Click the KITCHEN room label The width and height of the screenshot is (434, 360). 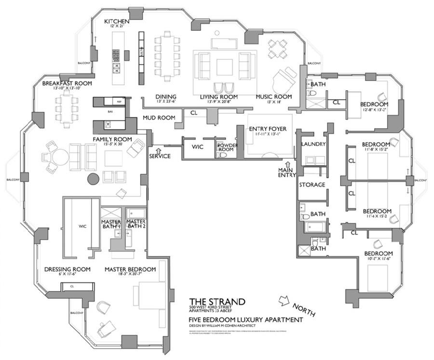click(x=117, y=22)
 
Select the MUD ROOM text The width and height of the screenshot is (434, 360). click(x=159, y=118)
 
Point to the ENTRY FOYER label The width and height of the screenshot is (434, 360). click(x=268, y=129)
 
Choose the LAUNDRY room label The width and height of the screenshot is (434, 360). click(x=313, y=144)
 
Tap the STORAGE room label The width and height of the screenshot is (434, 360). click(x=312, y=185)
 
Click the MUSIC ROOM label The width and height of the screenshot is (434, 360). click(x=273, y=97)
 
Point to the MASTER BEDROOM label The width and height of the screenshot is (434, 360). click(x=130, y=269)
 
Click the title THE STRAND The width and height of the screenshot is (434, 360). click(x=217, y=302)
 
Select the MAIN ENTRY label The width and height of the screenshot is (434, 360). click(x=287, y=172)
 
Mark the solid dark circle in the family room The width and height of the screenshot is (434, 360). click(x=93, y=179)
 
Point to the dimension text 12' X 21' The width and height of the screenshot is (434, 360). click(x=116, y=27)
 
